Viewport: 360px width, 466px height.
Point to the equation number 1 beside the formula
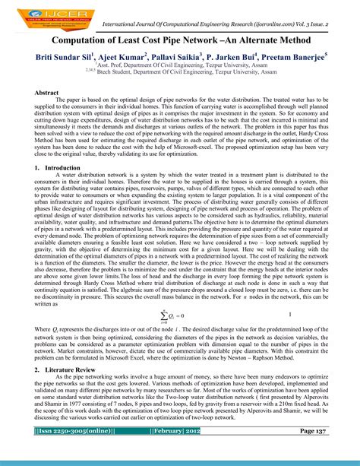[x=292, y=312]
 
